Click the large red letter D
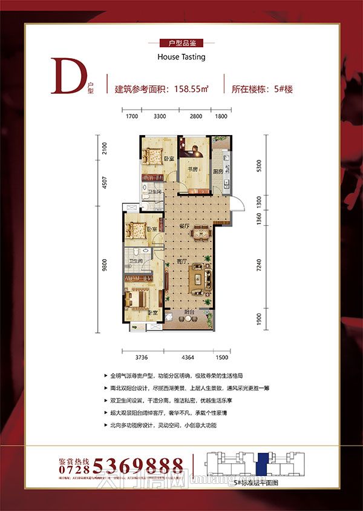pos(65,76)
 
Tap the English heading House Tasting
pos(181,57)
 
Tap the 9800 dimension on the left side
pos(105,267)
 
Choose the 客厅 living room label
pos(182,262)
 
